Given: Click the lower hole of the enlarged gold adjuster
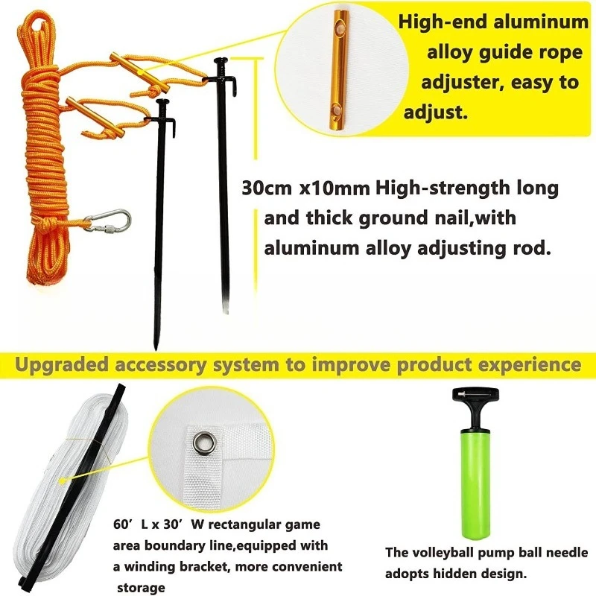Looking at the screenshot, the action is click(336, 110).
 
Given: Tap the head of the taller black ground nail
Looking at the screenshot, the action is click(221, 60).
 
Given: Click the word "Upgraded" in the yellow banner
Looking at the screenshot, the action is click(62, 364).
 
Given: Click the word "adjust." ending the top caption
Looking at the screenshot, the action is click(436, 112).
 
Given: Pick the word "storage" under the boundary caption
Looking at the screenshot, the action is click(141, 588).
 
